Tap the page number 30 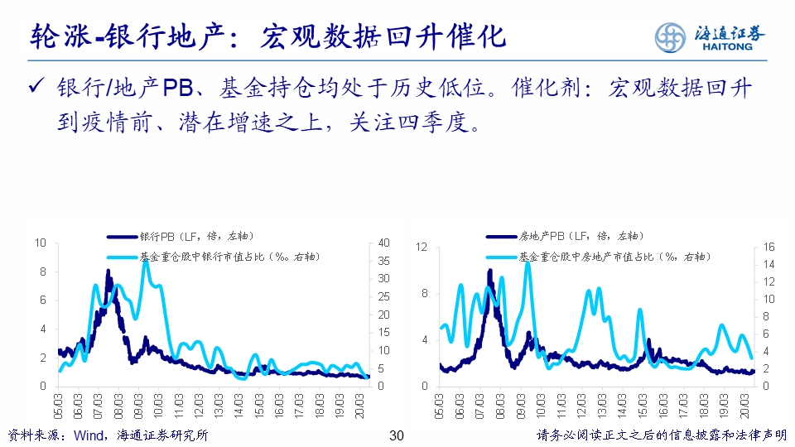tap(396, 435)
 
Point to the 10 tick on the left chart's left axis tap(41, 243)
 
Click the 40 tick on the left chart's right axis tap(383, 243)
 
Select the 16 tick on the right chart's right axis tap(768, 248)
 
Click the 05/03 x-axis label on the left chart tap(58, 405)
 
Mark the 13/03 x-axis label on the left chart tap(219, 405)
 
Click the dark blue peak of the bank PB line tap(108, 272)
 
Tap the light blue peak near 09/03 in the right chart tap(527, 265)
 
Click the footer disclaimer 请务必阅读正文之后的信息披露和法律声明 tap(661, 435)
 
